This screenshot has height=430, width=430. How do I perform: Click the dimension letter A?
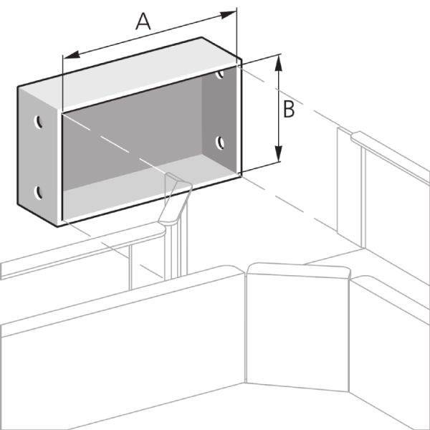(143, 22)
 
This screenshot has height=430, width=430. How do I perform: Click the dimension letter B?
(289, 110)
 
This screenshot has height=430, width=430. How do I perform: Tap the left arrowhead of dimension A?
(72, 55)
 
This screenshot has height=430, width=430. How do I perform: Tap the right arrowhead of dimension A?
(228, 14)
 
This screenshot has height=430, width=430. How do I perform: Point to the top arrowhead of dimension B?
(278, 63)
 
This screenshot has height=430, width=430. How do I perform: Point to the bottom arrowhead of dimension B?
(278, 153)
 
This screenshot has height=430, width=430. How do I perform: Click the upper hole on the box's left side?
(39, 122)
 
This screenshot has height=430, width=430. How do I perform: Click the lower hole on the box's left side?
(39, 193)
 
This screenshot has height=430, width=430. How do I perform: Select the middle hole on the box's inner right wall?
(220, 143)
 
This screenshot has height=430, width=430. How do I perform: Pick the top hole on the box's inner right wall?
(220, 74)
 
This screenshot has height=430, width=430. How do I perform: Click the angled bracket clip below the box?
(176, 199)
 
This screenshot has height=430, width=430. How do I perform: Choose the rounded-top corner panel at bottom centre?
(298, 326)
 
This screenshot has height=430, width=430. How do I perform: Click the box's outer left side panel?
(39, 156)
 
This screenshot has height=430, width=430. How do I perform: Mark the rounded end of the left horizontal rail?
(162, 230)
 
